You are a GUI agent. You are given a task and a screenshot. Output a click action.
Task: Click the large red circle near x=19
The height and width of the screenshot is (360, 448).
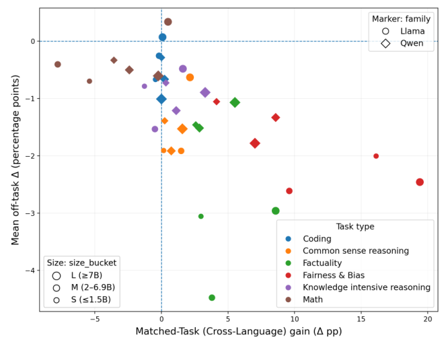tap(420, 182)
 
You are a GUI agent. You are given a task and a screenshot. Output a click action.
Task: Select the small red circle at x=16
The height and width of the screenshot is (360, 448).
tap(376, 156)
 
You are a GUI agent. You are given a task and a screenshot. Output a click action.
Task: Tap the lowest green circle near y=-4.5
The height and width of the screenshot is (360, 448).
tap(212, 297)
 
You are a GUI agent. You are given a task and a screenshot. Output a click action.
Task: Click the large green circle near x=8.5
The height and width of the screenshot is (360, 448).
tap(276, 211)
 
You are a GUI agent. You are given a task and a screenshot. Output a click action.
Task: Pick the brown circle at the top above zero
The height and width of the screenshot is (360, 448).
tap(168, 22)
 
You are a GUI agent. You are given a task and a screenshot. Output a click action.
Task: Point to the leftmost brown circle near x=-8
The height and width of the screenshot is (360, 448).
tap(58, 65)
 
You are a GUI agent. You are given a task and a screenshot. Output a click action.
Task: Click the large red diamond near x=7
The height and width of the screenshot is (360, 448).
tap(255, 143)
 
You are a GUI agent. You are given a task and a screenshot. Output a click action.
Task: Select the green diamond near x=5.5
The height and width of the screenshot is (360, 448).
tap(235, 103)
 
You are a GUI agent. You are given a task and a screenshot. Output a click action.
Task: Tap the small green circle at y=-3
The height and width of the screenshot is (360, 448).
tap(201, 217)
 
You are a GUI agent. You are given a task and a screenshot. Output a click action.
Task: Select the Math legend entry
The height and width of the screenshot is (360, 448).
tap(313, 299)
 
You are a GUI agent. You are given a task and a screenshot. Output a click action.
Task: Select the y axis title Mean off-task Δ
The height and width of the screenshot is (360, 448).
tap(15, 159)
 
